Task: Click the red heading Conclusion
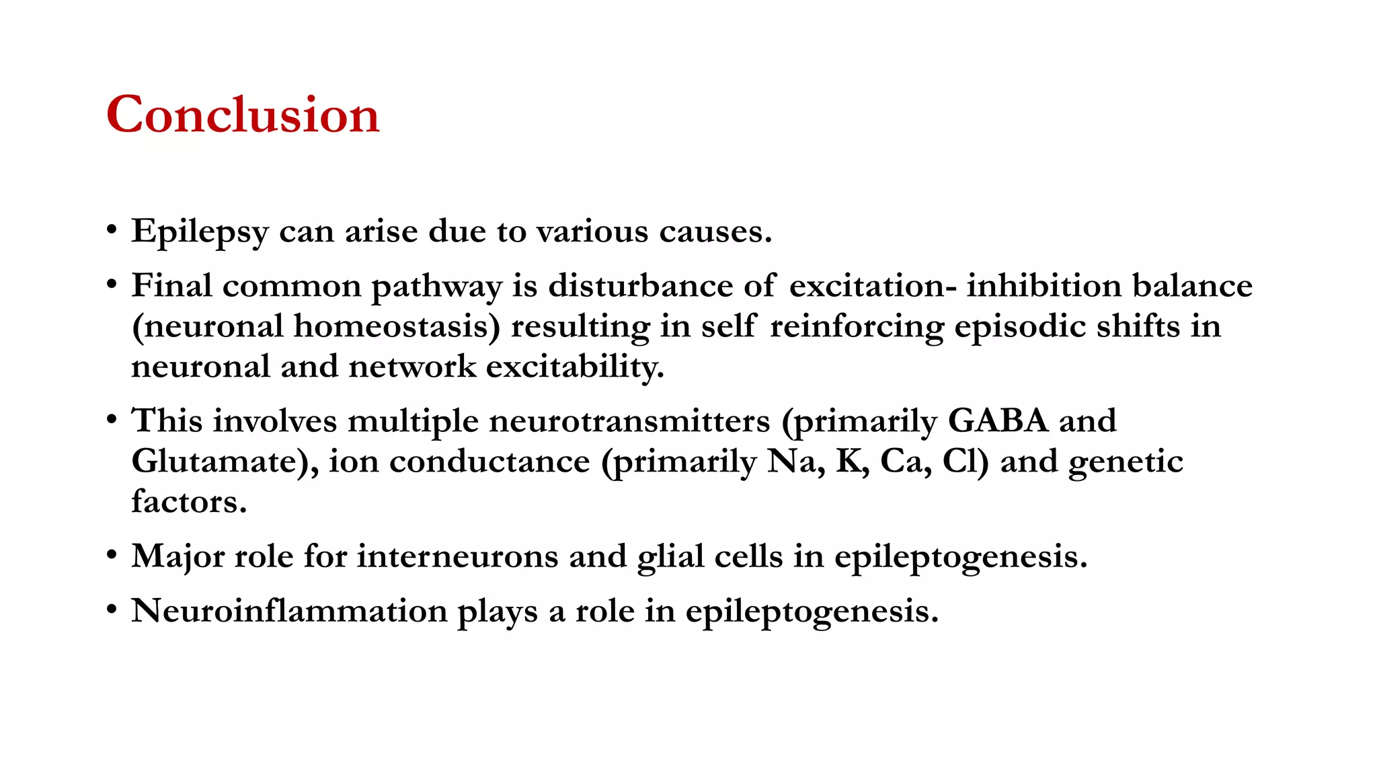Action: [243, 114]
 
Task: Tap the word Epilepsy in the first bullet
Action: [200, 232]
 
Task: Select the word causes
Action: [715, 232]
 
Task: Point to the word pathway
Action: [436, 287]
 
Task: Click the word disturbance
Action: [640, 286]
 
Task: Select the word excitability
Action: [575, 367]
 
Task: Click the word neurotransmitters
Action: [629, 422]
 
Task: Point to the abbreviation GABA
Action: [998, 421]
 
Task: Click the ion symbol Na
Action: [795, 462]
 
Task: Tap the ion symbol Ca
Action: [905, 462]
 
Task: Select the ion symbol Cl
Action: [965, 462]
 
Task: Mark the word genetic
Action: [1126, 463]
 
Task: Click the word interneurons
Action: [457, 557]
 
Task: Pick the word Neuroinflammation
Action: [289, 612]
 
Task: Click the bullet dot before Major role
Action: [112, 556]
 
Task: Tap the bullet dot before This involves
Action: [112, 420]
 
